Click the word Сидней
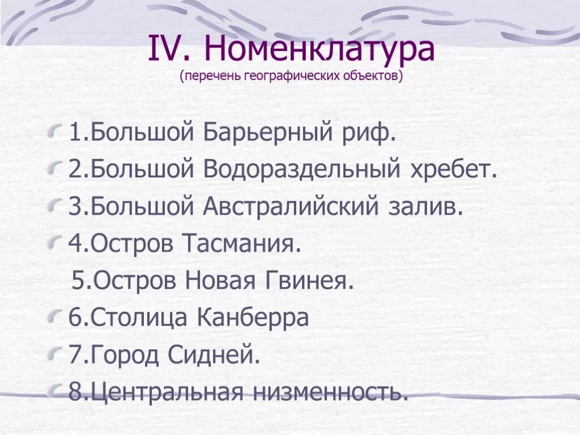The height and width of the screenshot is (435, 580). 215,355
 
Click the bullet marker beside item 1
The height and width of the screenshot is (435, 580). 54,134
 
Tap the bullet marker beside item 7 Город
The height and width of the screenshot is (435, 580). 54,355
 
